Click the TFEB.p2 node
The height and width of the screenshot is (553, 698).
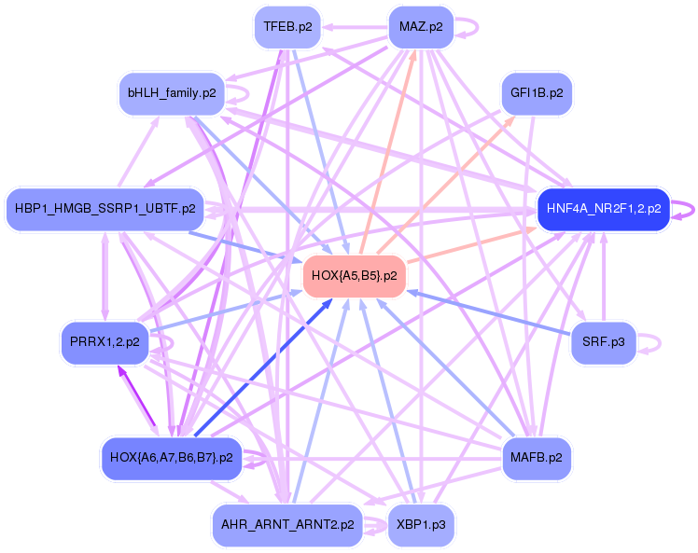click(287, 26)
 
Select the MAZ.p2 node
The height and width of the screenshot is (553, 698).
click(421, 26)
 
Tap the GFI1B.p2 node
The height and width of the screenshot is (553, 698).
click(537, 93)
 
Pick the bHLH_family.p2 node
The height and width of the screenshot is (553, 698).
click(172, 93)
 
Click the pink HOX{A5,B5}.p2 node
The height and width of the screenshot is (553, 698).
click(355, 276)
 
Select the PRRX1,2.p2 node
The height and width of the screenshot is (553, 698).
click(105, 342)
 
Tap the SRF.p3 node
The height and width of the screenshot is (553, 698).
click(604, 342)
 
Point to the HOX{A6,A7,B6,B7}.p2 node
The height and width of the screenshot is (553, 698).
click(171, 458)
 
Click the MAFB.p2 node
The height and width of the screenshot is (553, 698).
click(537, 458)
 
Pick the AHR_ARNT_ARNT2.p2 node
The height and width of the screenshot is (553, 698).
click(286, 525)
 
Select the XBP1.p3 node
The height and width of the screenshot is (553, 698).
click(421, 525)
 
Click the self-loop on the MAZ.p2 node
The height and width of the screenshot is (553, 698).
click(470, 26)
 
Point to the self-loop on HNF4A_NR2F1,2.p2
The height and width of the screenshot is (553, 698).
click(689, 209)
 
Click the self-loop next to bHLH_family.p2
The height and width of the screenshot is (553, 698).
click(241, 93)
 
